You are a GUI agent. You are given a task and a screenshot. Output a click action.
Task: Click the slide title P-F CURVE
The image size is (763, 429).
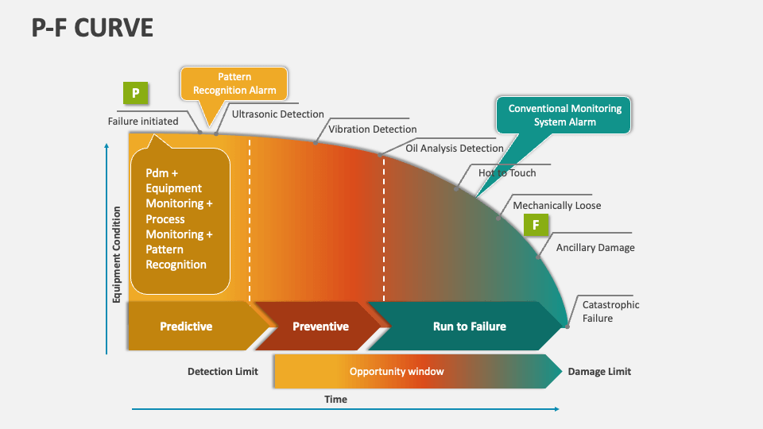92,28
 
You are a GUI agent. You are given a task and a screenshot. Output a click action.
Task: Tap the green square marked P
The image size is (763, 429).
135,94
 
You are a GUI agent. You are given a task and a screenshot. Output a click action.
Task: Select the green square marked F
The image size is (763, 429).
536,225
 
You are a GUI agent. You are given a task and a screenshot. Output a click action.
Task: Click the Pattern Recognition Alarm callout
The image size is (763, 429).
234,83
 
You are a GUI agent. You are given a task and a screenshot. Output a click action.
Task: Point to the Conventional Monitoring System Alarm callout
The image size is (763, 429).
564,114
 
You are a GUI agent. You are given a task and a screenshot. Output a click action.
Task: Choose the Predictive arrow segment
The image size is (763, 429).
187,326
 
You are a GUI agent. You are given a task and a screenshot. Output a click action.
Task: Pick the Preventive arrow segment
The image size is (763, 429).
320,326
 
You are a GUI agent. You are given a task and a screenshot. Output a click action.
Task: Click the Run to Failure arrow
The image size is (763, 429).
469,326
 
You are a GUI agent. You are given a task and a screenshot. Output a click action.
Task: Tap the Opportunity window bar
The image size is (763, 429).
397,371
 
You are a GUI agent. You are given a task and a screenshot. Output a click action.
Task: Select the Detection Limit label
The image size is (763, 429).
223,371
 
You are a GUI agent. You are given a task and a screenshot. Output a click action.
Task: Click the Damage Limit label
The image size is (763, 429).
599,371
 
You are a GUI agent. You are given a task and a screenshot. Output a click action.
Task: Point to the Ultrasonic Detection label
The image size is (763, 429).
278,114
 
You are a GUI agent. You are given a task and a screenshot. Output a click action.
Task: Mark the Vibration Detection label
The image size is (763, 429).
372,129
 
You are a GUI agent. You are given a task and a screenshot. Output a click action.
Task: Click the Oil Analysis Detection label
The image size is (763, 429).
455,148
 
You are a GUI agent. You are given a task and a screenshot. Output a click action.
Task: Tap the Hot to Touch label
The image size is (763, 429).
507,173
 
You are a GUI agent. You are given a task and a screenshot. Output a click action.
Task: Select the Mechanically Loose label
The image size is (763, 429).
556,206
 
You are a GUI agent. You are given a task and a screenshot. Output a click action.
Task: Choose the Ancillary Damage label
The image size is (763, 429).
595,247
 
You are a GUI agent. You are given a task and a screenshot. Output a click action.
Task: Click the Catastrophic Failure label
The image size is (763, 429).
610,311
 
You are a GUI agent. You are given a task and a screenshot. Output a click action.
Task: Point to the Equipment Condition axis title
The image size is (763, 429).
117,254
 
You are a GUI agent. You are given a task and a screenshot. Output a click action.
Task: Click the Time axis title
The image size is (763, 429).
335,399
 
